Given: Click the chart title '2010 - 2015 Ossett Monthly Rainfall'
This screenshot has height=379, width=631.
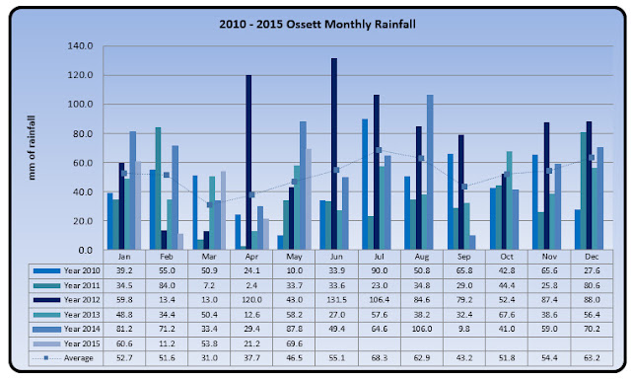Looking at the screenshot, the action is (x=317, y=25).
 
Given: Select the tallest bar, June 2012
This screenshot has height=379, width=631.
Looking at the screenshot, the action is (x=334, y=154).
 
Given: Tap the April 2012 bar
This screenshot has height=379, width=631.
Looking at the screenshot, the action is (x=248, y=162).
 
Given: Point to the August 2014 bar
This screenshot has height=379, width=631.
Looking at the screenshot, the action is (x=430, y=173).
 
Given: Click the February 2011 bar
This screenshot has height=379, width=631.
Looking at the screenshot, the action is (x=158, y=189).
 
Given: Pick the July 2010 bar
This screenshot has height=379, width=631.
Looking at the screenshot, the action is (x=365, y=185).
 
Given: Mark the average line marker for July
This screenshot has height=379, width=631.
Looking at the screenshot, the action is (x=379, y=150).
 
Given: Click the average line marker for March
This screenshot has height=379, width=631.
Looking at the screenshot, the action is (x=209, y=204).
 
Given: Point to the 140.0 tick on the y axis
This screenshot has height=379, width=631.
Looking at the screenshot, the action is (x=81, y=46).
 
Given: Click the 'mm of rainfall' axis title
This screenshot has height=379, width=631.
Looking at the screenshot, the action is (x=32, y=148).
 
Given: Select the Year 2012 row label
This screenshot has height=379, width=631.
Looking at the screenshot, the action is (x=82, y=300).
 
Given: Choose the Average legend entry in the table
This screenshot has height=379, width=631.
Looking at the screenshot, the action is (x=79, y=358).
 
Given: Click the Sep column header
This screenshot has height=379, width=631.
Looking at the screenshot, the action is (x=464, y=257).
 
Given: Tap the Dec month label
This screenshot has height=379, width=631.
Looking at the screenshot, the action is (x=592, y=257).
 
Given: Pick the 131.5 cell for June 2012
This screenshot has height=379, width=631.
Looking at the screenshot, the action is (x=336, y=300).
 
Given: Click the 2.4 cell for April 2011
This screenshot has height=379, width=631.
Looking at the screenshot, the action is (x=251, y=285).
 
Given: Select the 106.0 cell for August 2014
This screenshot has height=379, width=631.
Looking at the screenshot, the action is (x=421, y=329).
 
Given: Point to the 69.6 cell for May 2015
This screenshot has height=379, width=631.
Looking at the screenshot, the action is (x=294, y=343).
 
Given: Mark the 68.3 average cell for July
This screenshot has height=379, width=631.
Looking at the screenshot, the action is (x=379, y=358).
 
